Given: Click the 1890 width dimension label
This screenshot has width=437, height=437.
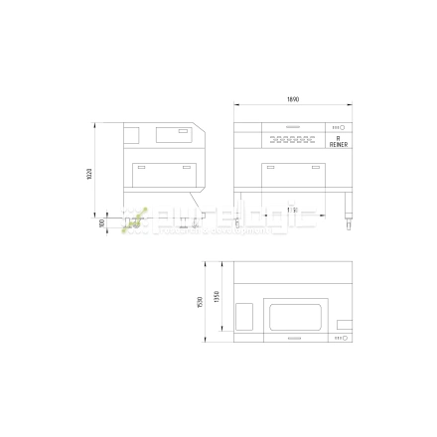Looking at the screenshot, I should click(x=293, y=99).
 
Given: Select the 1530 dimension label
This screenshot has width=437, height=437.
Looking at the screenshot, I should click(x=201, y=301).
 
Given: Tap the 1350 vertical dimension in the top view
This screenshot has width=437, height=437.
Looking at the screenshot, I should click(x=217, y=298).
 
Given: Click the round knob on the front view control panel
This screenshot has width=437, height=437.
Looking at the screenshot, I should click(x=342, y=128).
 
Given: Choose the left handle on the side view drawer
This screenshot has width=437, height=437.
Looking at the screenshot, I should click(x=140, y=167).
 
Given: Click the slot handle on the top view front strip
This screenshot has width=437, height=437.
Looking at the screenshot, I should click(x=293, y=338).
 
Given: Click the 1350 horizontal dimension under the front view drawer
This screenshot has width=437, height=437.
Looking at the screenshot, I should click(x=291, y=210).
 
